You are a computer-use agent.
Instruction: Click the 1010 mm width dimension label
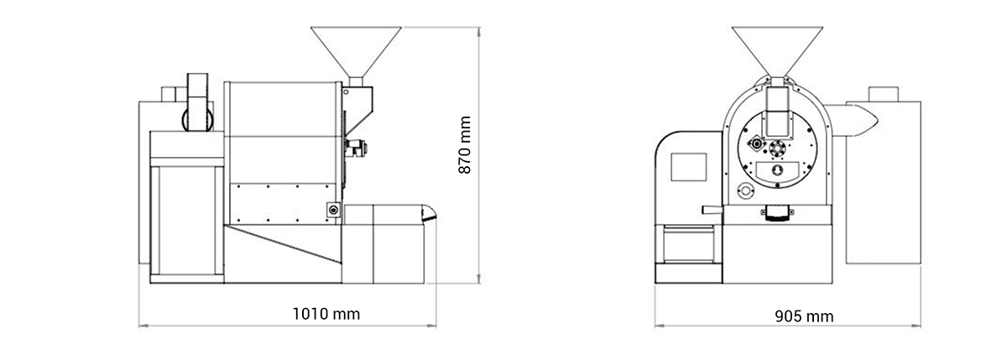[x=326, y=314]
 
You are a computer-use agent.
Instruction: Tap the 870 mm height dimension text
[x=465, y=144]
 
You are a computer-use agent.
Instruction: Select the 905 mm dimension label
[x=804, y=316]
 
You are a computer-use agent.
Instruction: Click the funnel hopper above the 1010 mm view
[x=356, y=52]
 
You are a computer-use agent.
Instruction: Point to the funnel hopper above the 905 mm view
[x=777, y=52]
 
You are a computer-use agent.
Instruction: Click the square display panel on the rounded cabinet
[x=689, y=167]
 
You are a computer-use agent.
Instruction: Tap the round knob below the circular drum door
[x=745, y=190]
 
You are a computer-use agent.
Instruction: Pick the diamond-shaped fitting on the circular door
[x=757, y=143]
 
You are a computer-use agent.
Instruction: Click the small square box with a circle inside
[x=334, y=210]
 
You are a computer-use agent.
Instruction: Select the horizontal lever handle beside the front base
[x=712, y=210]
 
